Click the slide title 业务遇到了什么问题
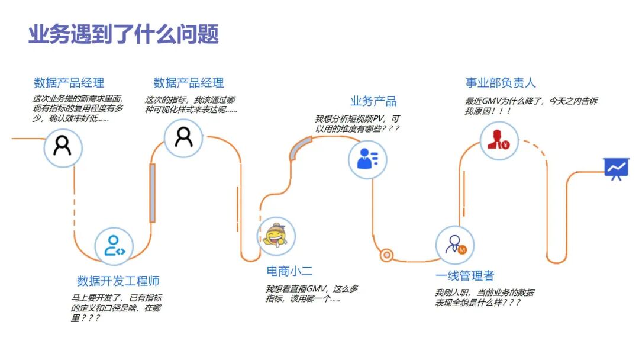tap(123, 34)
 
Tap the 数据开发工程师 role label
tap(118, 281)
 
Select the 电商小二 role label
tap(289, 271)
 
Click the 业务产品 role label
tap(373, 101)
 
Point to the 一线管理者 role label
tap(464, 276)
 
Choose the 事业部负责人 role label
tap(501, 83)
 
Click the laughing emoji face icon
tap(276, 236)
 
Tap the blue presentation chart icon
tap(615, 169)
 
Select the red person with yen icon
tap(499, 141)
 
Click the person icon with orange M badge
tap(455, 245)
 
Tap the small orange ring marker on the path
tap(386, 255)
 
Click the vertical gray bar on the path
tap(152, 193)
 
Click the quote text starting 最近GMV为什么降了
tap(531, 106)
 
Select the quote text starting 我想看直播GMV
tap(312, 294)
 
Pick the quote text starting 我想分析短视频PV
tap(357, 123)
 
